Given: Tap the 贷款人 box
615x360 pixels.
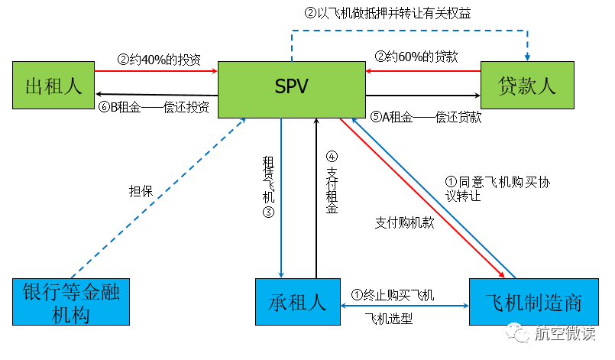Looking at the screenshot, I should click(526, 85).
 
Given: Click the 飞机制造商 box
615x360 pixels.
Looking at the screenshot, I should click(532, 303).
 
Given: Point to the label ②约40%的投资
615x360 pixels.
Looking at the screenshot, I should click(159, 59).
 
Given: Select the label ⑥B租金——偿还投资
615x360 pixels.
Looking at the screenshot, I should click(159, 108).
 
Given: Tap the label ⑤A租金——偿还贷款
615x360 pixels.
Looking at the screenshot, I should click(425, 117).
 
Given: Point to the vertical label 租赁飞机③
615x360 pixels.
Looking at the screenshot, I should click(268, 187).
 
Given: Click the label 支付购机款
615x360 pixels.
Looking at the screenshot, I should click(403, 222).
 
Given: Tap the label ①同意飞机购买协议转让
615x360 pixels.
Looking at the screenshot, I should click(497, 189).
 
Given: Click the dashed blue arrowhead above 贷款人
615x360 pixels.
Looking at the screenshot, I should click(526, 56).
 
